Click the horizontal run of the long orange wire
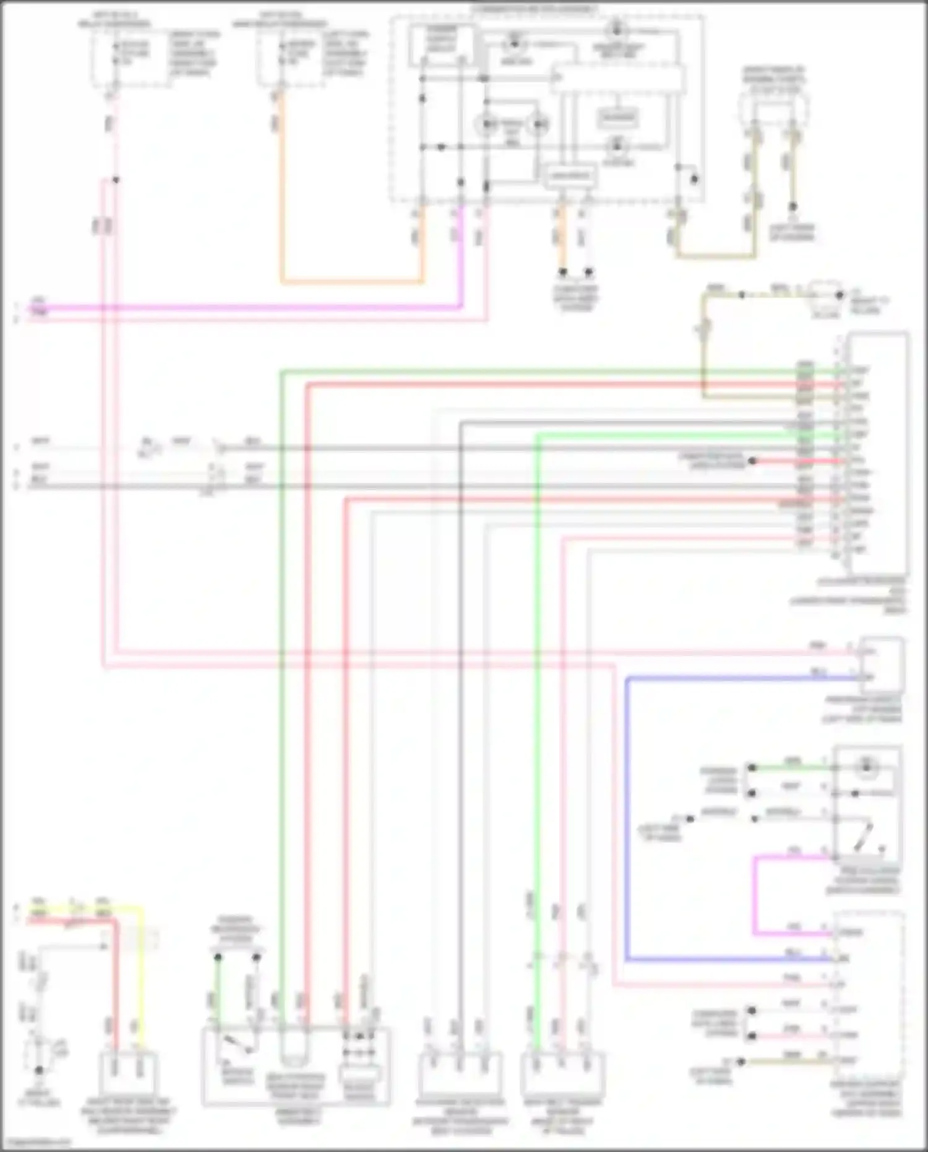pos(353,282)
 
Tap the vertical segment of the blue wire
pos(626,817)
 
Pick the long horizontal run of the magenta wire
pos(247,307)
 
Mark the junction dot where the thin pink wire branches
pos(116,180)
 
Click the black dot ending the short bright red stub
pos(752,461)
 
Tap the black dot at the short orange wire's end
pos(563,272)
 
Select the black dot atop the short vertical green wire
pos(218,957)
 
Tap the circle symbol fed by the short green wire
pos(867,767)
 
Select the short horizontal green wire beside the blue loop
pos(792,768)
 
